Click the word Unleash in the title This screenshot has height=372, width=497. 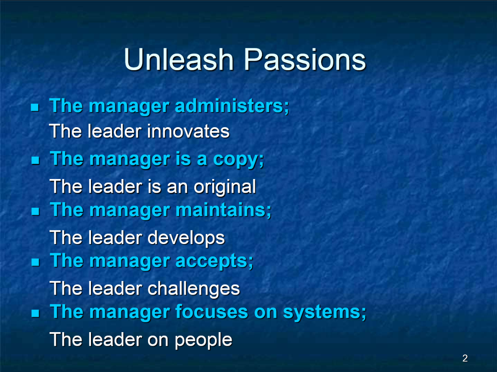click(178, 59)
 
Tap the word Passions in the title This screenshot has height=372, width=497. click(304, 59)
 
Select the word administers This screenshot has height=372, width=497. click(229, 106)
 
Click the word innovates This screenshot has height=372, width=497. click(188, 131)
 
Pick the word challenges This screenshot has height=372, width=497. click(193, 289)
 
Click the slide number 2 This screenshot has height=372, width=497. click(465, 358)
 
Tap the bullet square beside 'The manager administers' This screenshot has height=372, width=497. click(35, 107)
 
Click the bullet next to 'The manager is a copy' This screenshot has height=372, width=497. click(35, 160)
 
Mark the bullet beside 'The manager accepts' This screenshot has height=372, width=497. click(35, 262)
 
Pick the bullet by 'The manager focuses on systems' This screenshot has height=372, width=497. click(35, 313)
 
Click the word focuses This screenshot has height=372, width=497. click(212, 311)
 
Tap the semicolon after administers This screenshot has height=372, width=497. click(286, 108)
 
